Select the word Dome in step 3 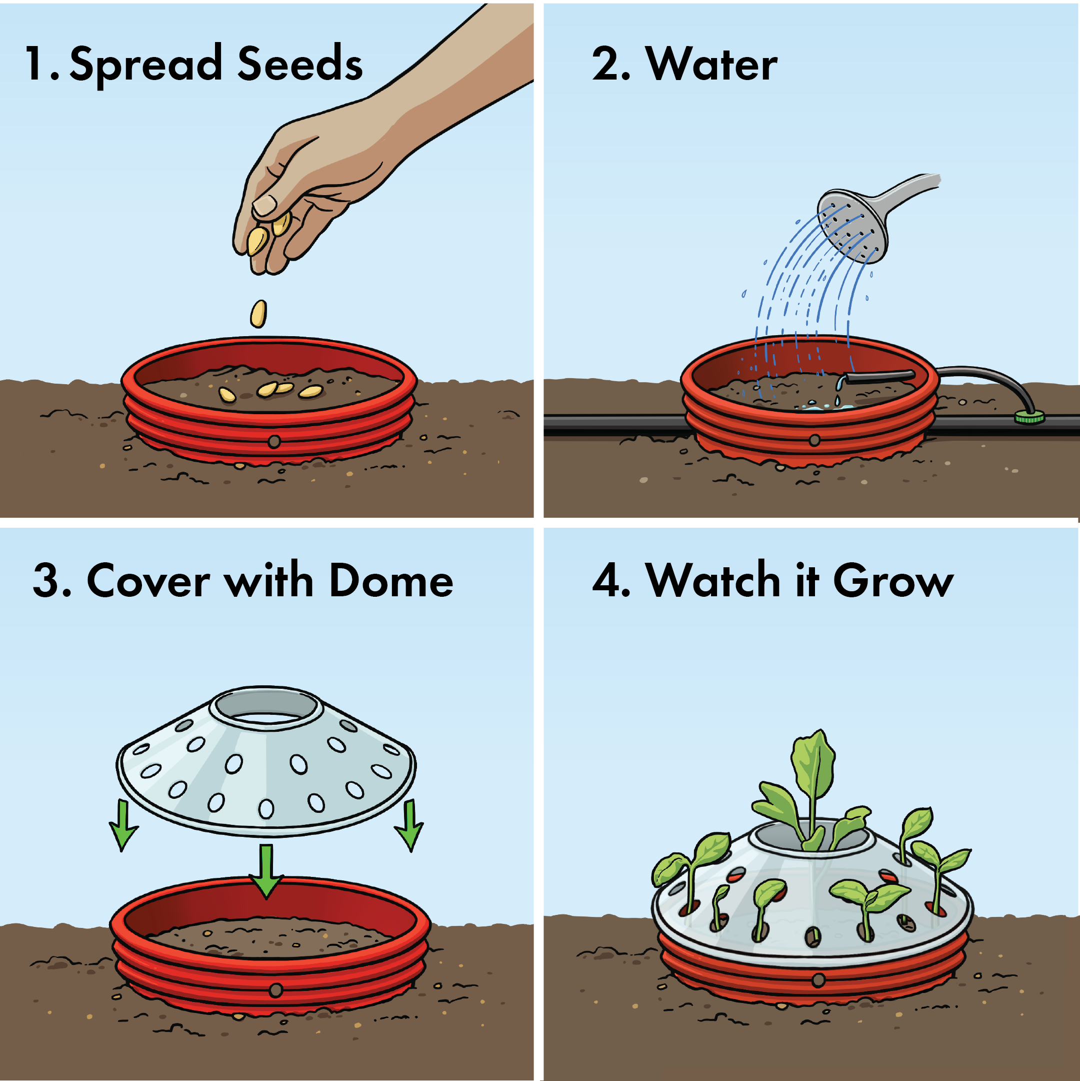391,581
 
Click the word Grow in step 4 892,581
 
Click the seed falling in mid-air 258,313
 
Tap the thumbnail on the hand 264,205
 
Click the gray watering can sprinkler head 853,227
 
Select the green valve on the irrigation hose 1029,417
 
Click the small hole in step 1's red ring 274,442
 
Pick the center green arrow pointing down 266,870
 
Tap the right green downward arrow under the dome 410,825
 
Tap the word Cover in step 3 148,581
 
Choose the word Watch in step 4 713,581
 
